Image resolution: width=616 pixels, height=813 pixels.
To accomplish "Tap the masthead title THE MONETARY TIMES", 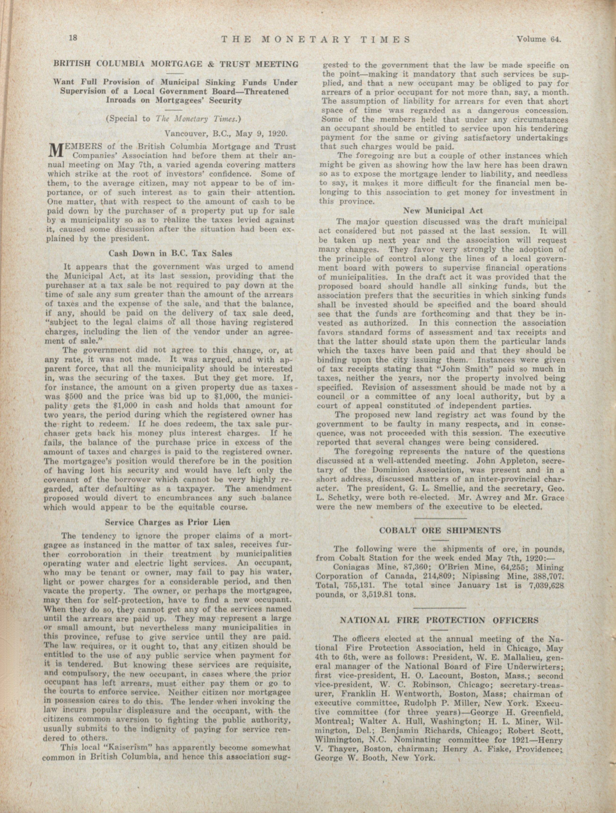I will click(316, 40).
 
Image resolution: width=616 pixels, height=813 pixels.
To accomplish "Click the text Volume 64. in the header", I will click(539, 39).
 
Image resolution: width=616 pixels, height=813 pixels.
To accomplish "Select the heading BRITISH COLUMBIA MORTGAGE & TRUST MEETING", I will click(176, 64).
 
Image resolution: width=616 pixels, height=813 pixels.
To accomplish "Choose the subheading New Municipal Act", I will click(443, 211).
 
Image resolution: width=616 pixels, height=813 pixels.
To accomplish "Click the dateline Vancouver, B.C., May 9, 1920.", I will click(226, 133).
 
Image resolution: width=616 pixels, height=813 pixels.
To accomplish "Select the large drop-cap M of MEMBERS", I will click(54, 150).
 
